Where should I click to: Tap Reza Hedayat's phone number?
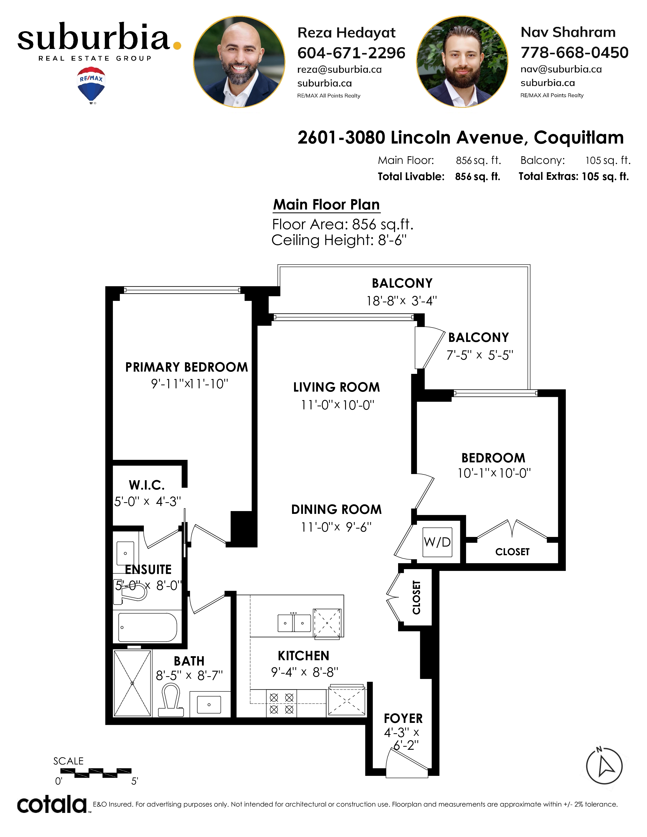(x=351, y=53)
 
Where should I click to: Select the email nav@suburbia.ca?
(x=561, y=69)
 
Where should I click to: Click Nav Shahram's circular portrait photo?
(x=462, y=62)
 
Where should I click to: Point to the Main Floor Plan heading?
(x=326, y=205)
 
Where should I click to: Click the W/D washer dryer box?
(x=437, y=542)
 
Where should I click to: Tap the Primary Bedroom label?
(x=187, y=367)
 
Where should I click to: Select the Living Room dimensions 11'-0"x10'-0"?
(x=337, y=405)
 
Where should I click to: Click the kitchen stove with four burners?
(x=281, y=704)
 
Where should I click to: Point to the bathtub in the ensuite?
(x=148, y=627)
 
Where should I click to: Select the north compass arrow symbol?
(x=604, y=766)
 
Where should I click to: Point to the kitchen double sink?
(x=294, y=623)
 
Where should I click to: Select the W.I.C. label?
(x=147, y=485)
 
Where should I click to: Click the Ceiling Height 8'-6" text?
(x=339, y=240)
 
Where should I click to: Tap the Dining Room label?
(x=336, y=509)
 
